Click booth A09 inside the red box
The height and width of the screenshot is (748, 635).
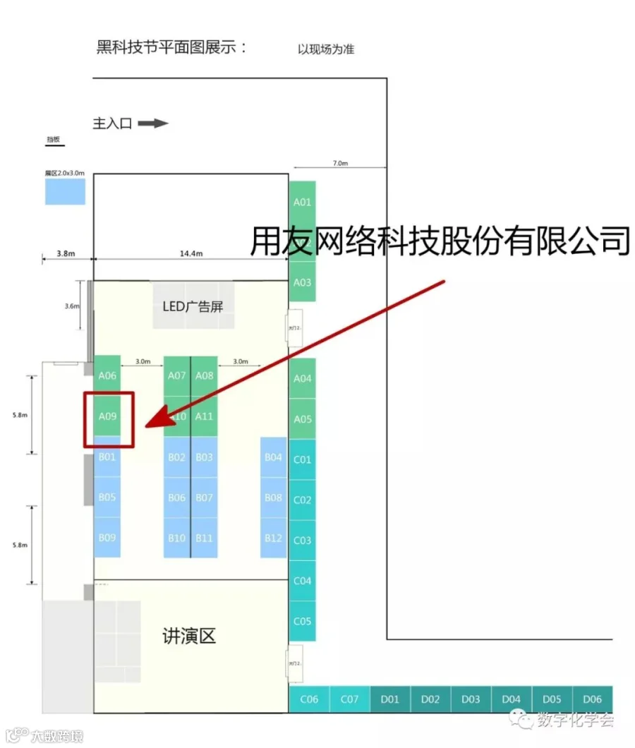point(107,416)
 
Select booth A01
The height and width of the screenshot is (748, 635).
point(302,202)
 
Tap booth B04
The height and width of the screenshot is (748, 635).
point(274,457)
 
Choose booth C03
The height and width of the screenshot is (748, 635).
point(302,541)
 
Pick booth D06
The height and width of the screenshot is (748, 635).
point(593,699)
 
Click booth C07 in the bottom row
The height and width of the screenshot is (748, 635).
point(350,699)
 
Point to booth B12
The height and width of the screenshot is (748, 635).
point(274,538)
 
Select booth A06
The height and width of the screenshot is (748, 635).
point(107,375)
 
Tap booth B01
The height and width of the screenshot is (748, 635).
point(107,457)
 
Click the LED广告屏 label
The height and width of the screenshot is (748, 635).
point(188,306)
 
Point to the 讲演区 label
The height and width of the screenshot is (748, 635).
point(189,637)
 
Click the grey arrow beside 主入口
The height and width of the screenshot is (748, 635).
point(152,123)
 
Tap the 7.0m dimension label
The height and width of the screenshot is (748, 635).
point(340,163)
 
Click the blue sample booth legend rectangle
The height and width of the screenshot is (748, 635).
point(65,191)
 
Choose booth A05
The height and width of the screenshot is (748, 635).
point(302,419)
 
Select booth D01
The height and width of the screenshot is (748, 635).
point(390,699)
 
